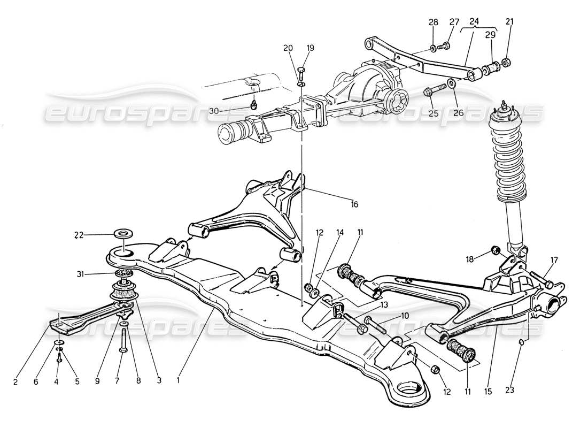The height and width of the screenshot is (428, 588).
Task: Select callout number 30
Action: (229, 111)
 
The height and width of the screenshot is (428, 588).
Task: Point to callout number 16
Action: (354, 204)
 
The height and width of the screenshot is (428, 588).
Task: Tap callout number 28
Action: (433, 22)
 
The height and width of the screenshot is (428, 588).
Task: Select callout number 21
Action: (509, 22)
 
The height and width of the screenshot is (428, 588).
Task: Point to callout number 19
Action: (311, 48)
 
